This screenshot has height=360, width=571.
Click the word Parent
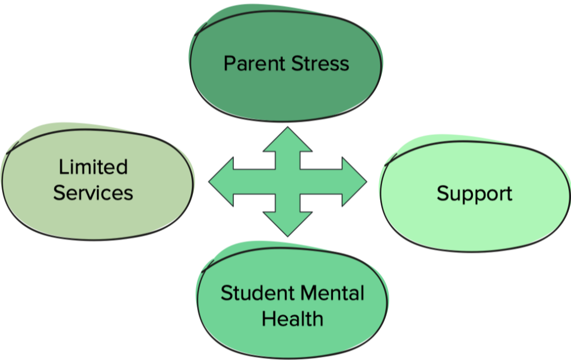pos(254,64)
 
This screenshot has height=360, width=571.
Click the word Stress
pos(320,64)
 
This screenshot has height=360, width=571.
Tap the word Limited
pos(93,167)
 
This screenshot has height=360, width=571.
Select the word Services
pos(93,193)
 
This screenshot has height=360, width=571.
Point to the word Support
pos(475,193)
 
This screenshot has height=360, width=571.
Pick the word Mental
pos(332,293)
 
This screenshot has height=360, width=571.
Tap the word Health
pos(292,319)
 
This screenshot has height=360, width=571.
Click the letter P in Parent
pos(229,64)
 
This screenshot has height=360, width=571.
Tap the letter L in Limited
pos(62,167)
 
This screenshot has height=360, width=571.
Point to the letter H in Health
pos(268,319)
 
